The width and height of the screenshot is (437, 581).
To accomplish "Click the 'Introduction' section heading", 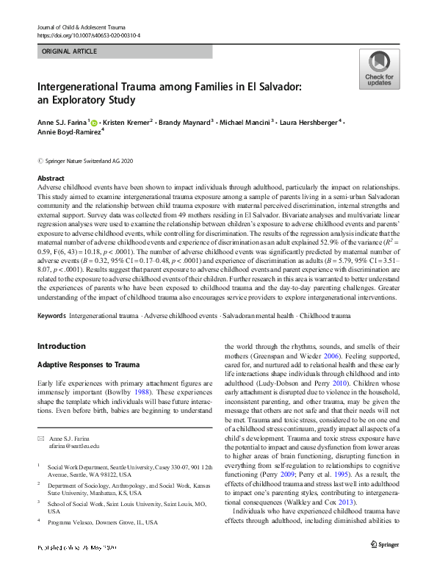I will click(x=61, y=345).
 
